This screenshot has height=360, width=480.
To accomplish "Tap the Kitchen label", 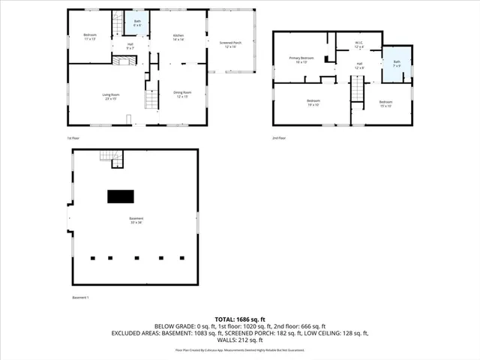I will (x=178, y=37).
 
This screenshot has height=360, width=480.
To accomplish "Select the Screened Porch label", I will (x=231, y=44).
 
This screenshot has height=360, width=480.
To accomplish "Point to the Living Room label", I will (x=111, y=96).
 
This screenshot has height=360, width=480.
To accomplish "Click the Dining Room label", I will (x=182, y=94).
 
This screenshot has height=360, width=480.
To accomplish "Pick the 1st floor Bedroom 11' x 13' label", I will (x=90, y=37).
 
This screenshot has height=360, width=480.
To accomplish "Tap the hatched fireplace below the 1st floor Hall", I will (x=124, y=61).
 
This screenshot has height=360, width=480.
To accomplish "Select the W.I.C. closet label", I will (x=359, y=44).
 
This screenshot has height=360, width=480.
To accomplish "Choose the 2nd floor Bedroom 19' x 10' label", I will (x=313, y=103).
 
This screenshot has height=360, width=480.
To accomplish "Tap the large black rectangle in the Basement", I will (x=120, y=196).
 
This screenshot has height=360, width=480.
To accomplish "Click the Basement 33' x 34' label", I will (x=136, y=220).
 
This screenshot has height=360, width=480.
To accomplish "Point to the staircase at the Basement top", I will (x=111, y=157).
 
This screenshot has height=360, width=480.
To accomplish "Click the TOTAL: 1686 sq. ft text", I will (x=239, y=319).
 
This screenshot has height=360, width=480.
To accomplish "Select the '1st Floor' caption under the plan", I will (x=73, y=138).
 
